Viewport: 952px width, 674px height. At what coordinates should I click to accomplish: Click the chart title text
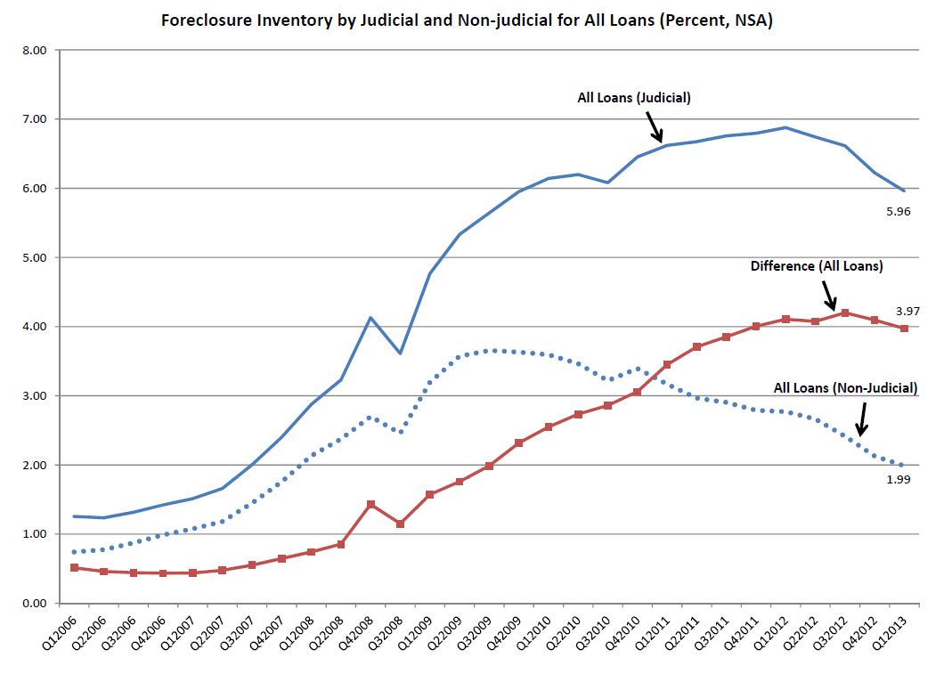pos(466,20)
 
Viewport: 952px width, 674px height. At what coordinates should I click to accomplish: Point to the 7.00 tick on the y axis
pos(33,119)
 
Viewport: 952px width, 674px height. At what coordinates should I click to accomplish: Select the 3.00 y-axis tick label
pos(33,396)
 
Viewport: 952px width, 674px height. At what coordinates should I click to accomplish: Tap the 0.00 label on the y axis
pos(33,604)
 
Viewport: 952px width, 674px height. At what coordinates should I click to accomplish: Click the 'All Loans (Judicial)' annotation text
pos(633,98)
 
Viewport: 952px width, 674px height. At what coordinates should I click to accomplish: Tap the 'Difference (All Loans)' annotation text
pos(816,265)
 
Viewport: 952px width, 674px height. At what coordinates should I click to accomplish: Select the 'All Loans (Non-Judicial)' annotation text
pos(844,387)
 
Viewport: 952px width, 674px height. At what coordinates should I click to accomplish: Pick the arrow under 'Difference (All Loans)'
pos(827,294)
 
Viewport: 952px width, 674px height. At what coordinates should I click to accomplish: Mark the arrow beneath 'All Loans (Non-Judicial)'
pos(860,418)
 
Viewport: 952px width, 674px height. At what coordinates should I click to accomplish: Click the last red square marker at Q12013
pos(904,329)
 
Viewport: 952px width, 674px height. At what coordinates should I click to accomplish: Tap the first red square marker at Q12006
pos(74,567)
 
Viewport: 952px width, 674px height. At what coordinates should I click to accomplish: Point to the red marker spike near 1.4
pos(370,504)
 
